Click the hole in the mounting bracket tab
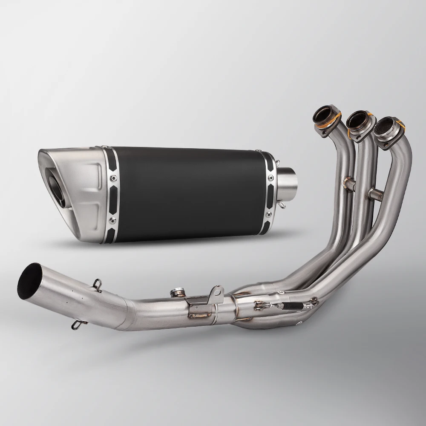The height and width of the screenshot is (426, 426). click(x=217, y=292)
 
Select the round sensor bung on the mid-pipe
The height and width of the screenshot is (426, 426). click(x=176, y=292)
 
